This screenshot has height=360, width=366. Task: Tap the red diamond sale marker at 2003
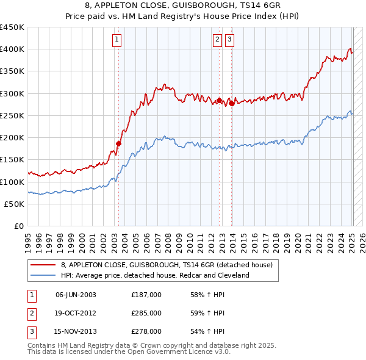coord(119,144)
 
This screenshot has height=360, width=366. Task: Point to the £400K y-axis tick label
coord(12,49)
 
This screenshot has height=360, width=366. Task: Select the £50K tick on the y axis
coord(15,204)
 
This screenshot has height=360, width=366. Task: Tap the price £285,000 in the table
coord(146,313)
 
